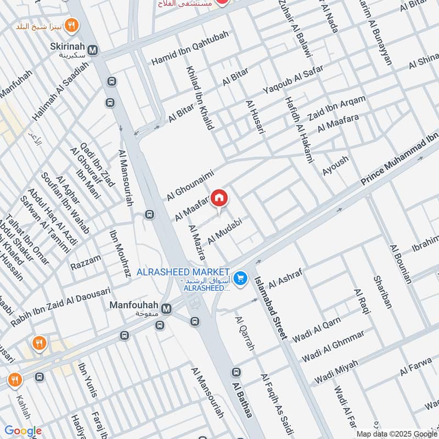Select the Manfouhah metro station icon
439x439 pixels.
[166, 309]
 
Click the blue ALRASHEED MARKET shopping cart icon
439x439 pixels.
[240, 279]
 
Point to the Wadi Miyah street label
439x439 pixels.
[336, 373]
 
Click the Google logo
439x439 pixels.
[23, 431]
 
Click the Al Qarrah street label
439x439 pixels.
[245, 334]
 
